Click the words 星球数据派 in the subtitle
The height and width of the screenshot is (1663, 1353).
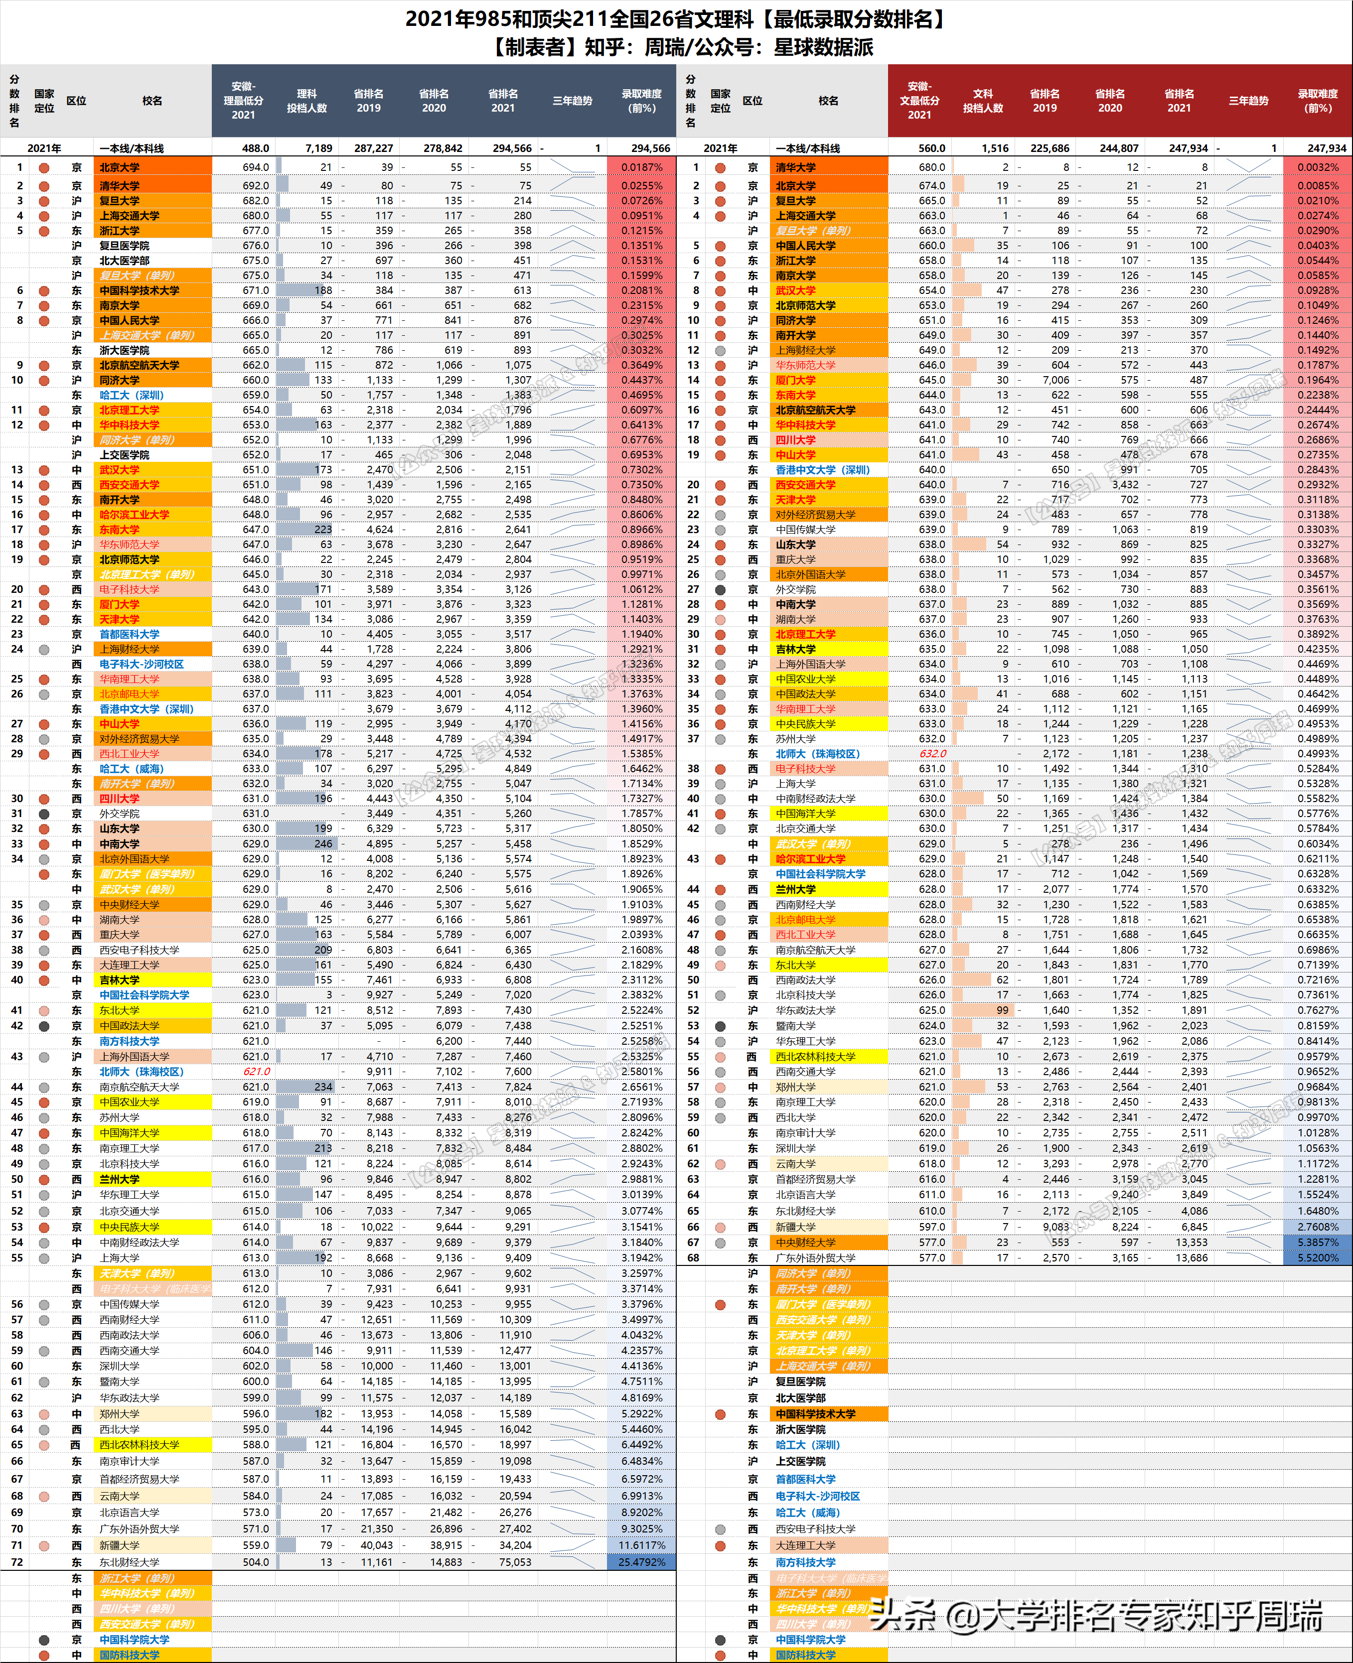[823, 47]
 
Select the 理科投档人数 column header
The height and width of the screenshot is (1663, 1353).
[306, 101]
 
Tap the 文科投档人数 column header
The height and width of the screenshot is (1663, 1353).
[982, 101]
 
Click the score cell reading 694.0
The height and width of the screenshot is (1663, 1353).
[256, 167]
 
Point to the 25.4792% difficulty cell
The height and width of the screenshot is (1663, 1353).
[641, 1562]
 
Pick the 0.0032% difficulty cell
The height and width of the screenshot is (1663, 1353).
[1318, 167]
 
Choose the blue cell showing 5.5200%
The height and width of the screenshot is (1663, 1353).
[1318, 1258]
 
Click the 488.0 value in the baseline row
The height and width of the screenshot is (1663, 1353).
[256, 148]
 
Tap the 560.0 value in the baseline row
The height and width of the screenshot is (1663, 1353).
[931, 148]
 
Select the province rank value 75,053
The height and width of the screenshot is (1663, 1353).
[515, 1562]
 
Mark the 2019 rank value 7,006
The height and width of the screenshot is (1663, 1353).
[1056, 380]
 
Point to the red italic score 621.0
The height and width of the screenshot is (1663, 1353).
[257, 1072]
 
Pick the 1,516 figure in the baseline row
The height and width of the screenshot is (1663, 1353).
[995, 148]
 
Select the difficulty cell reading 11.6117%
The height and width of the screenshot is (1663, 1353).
[641, 1545]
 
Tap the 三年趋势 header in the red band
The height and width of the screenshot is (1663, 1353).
[1248, 101]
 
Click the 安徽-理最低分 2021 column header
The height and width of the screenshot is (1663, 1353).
[243, 101]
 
